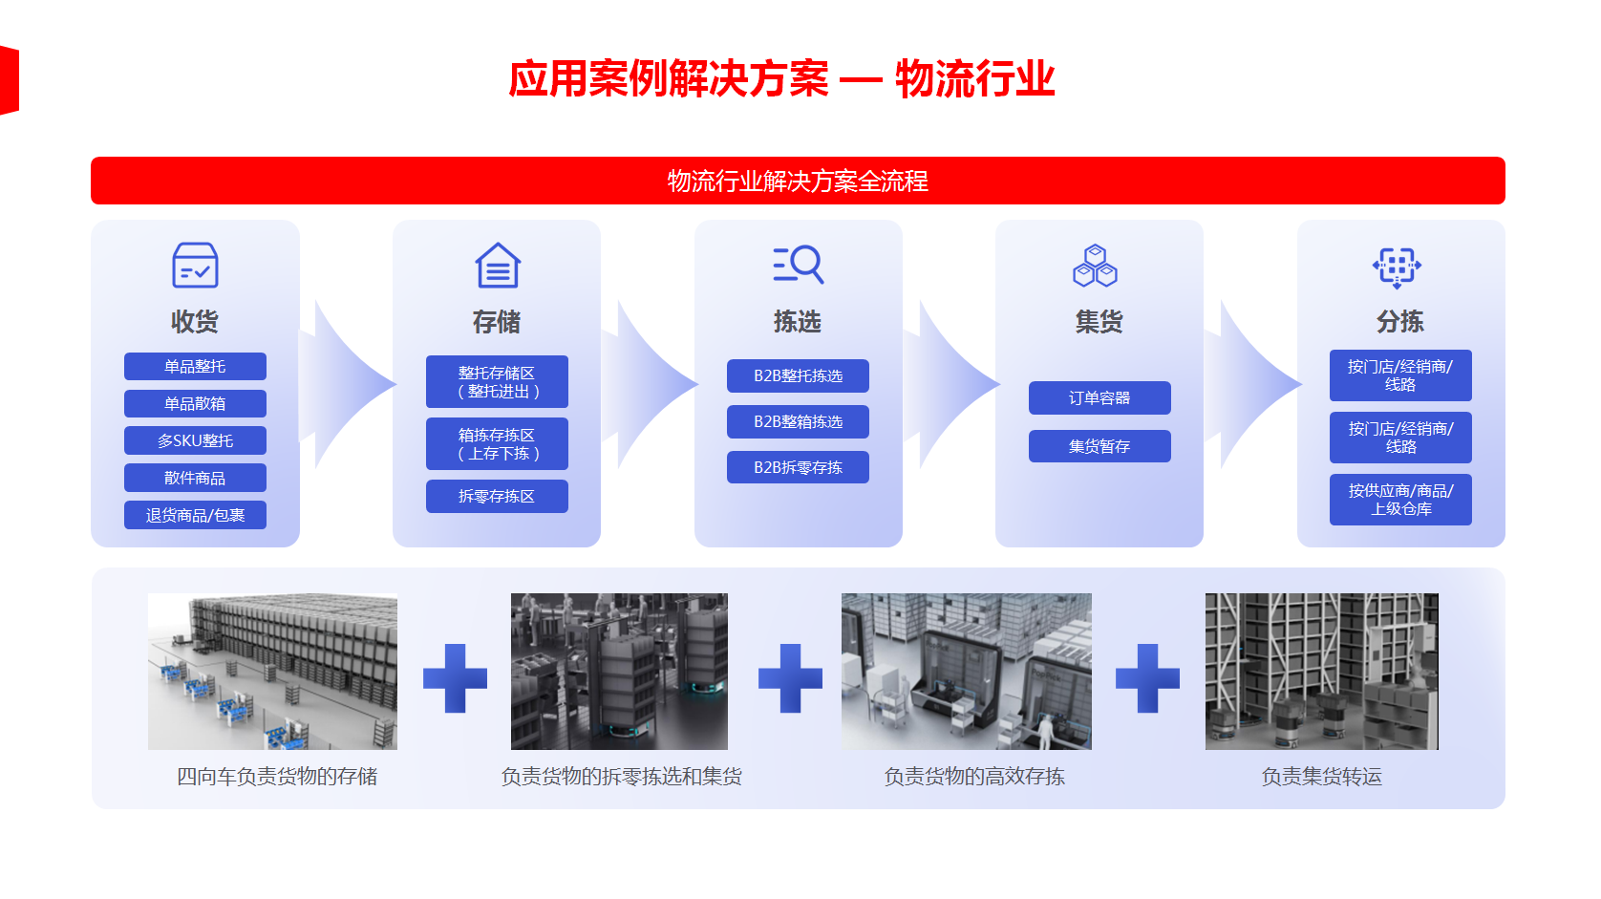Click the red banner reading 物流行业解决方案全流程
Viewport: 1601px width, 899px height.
point(798,181)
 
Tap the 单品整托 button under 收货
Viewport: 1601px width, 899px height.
point(195,367)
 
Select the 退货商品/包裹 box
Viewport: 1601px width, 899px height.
point(195,515)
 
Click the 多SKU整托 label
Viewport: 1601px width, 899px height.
point(195,441)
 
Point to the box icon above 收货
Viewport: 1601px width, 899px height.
point(195,266)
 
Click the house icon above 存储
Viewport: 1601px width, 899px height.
point(498,266)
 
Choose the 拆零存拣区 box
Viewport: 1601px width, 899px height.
point(497,497)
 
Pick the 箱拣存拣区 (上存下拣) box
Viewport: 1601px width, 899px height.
point(497,444)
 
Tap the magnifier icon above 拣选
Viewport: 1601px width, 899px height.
point(799,265)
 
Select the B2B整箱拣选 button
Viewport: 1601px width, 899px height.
point(798,421)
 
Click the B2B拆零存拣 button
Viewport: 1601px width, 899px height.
point(798,467)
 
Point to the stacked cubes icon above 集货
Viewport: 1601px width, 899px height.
point(1095,266)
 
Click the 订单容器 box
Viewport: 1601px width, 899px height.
point(1099,398)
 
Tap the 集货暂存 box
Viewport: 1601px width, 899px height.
point(1099,447)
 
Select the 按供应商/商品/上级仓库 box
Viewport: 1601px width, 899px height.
point(1400,500)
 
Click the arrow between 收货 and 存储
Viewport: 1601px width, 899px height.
point(347,384)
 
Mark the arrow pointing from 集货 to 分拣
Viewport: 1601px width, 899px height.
point(1252,384)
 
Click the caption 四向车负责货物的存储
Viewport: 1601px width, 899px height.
point(277,777)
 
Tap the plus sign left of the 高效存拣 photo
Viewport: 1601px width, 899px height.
point(791,678)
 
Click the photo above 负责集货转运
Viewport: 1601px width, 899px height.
point(1321,671)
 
